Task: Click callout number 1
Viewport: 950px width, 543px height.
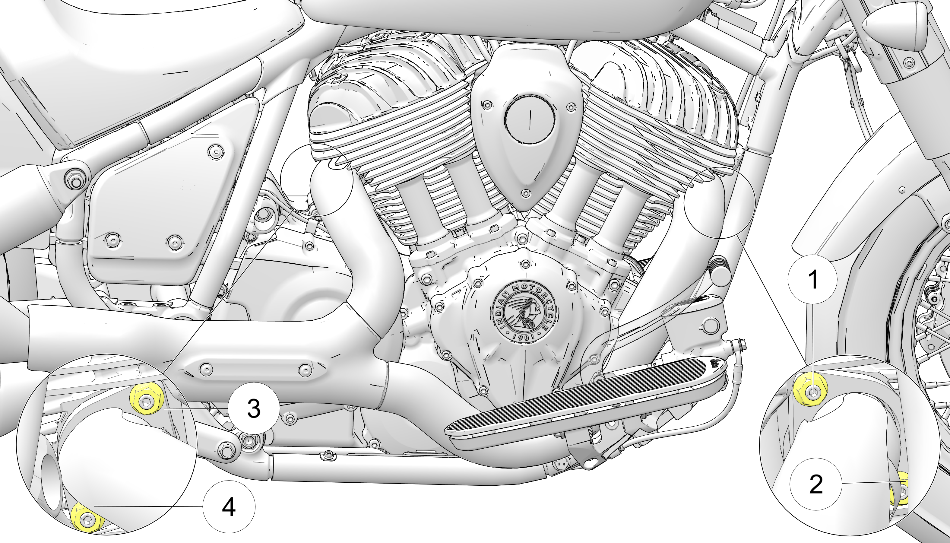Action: click(x=813, y=279)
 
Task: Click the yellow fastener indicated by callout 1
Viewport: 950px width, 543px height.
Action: click(x=810, y=391)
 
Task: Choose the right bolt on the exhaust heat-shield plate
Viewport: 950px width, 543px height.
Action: click(x=305, y=370)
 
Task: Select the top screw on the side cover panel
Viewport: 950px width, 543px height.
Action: click(x=216, y=152)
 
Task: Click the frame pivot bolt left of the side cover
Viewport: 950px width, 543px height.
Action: click(x=76, y=183)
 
